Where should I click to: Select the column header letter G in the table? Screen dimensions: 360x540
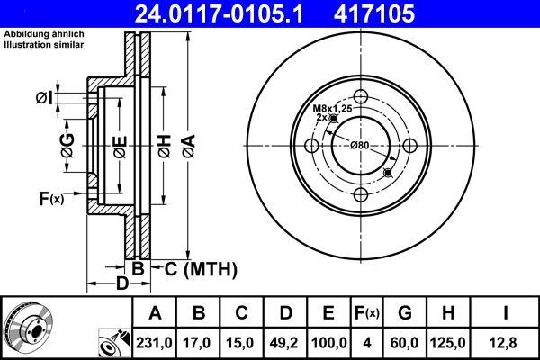(x=405, y=314)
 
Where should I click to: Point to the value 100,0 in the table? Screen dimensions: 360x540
(x=328, y=342)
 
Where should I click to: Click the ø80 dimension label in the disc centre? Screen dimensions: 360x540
(x=360, y=146)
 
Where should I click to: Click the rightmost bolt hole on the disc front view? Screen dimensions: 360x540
(x=409, y=146)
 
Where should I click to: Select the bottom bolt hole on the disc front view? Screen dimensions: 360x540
(x=361, y=194)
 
